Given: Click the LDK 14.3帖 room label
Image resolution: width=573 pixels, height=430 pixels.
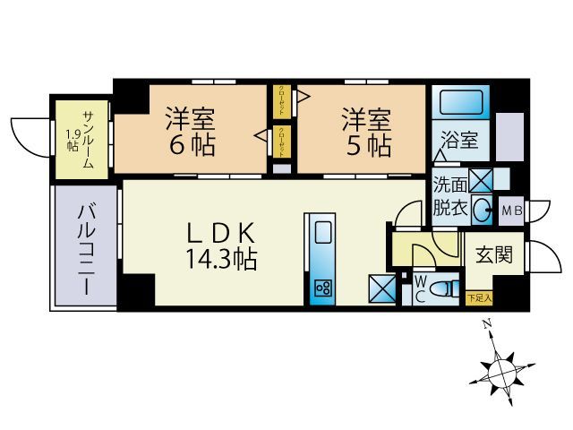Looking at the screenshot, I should tap(222, 245).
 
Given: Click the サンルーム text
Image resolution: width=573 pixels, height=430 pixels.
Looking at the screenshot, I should tap(92, 135).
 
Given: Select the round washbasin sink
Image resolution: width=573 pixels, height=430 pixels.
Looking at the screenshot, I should tap(481, 211).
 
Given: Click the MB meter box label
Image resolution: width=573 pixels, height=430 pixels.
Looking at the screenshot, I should tap(511, 211).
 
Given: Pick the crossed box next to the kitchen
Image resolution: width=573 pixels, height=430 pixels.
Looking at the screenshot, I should tap(381, 288).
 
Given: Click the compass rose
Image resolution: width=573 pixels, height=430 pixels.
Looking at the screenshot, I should tap(501, 367).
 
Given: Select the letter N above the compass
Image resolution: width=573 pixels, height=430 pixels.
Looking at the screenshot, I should tap(486, 324).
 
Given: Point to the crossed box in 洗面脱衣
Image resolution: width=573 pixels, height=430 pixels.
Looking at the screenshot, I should tap(481, 179).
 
